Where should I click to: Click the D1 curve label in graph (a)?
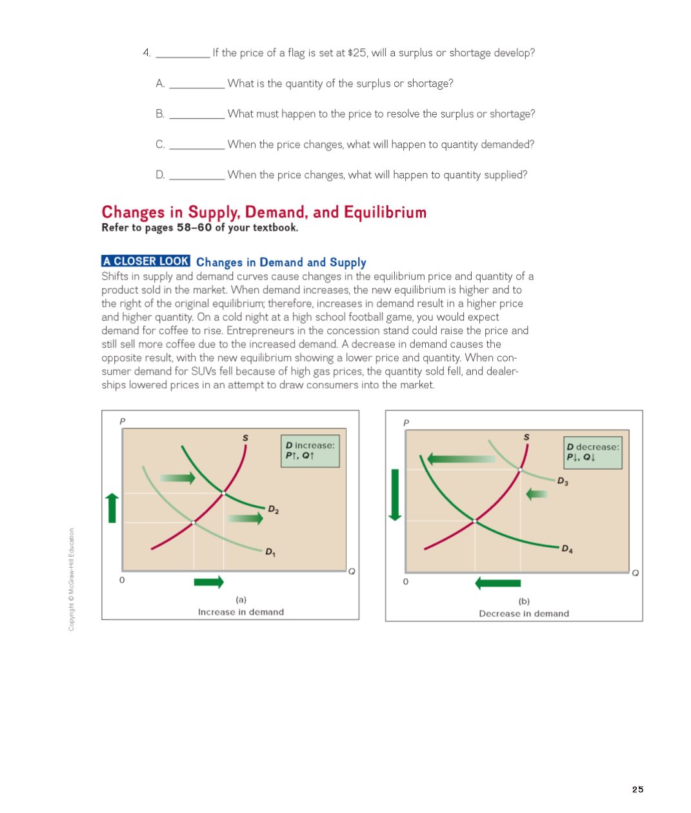click(271, 552)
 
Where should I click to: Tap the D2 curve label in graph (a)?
click(274, 510)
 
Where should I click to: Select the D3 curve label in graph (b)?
click(563, 481)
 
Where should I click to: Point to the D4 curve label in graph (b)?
click(566, 549)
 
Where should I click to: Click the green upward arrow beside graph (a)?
click(112, 508)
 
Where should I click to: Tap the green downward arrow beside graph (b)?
click(395, 494)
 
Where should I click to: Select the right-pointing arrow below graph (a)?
click(208, 582)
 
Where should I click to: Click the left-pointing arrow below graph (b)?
click(497, 583)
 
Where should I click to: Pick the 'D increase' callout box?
click(310, 450)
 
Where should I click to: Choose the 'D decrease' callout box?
click(592, 452)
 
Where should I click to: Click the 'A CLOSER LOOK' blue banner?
click(146, 261)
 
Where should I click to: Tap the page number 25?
click(637, 789)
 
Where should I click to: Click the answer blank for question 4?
click(183, 54)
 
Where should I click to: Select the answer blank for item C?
click(197, 146)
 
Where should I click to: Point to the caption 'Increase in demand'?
click(241, 612)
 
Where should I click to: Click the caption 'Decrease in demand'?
click(524, 614)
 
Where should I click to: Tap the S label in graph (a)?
click(245, 438)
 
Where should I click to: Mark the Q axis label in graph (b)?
click(636, 573)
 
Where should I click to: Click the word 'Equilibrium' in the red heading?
click(385, 212)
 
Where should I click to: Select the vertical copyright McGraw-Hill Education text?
click(72, 579)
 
